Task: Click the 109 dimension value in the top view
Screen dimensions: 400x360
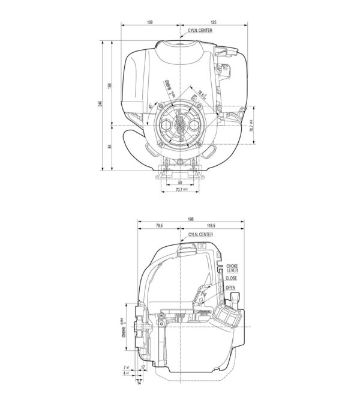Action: (x=149, y=22)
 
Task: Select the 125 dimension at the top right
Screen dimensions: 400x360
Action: (x=214, y=22)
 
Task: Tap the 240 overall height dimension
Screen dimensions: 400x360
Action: (x=100, y=103)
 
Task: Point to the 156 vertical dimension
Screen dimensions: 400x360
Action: (x=110, y=86)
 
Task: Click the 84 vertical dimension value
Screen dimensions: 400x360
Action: (x=110, y=147)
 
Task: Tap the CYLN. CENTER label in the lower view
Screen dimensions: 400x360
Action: (x=200, y=235)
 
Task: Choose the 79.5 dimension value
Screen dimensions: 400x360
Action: (x=159, y=226)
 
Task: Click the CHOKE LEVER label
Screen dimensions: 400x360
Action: (x=232, y=268)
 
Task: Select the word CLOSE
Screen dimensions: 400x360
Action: (x=232, y=278)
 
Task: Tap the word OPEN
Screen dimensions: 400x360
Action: (x=230, y=288)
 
